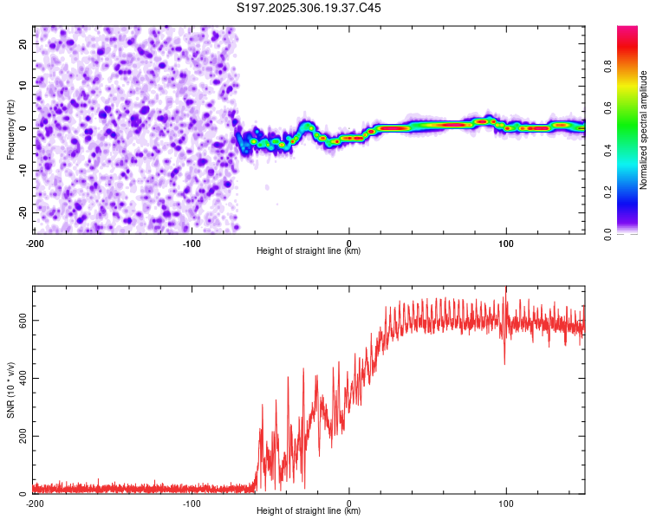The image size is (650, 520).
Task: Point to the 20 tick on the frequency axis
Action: (23, 43)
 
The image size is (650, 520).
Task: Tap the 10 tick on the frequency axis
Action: (23, 86)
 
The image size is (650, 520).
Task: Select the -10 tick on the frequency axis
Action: (22, 171)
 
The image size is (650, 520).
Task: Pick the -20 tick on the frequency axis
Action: (22, 212)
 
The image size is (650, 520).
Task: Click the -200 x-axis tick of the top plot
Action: (35, 242)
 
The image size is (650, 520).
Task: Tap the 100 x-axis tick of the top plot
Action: (507, 242)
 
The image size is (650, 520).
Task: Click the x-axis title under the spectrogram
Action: (309, 251)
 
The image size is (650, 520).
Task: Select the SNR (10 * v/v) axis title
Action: (10, 389)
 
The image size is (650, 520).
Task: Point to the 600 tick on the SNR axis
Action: (20, 320)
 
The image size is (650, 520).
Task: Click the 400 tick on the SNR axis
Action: (20, 378)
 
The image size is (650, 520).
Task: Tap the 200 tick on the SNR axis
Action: (20, 436)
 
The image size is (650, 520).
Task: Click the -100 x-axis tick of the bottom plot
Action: (192, 503)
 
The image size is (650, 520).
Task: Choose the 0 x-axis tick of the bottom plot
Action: (349, 503)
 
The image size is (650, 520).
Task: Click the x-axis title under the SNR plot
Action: (309, 512)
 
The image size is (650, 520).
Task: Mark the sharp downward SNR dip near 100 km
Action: (504, 362)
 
